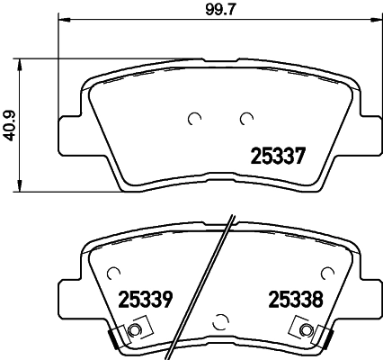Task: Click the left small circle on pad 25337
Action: point(193,118)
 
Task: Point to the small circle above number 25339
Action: point(111,272)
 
